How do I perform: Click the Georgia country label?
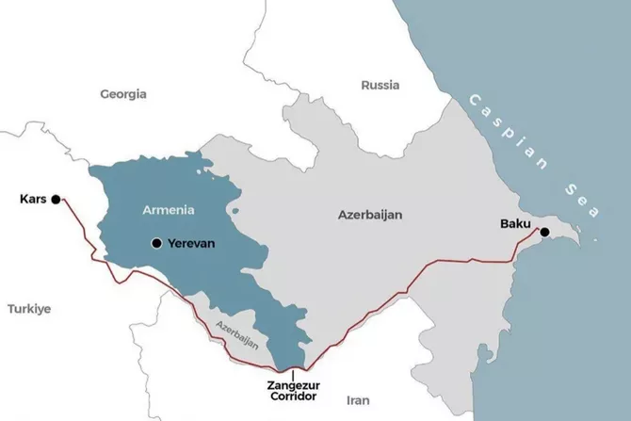pyautogui.click(x=123, y=93)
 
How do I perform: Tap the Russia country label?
pyautogui.click(x=380, y=85)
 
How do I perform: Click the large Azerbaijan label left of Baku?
pyautogui.click(x=370, y=215)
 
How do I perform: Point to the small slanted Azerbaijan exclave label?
pyautogui.click(x=235, y=335)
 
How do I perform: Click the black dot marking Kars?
pyautogui.click(x=56, y=199)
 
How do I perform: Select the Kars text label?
pyautogui.click(x=32, y=199)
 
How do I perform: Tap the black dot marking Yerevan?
pyautogui.click(x=155, y=243)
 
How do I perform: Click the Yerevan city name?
pyautogui.click(x=191, y=243)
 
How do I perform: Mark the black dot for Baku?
pyautogui.click(x=544, y=231)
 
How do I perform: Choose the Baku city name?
pyautogui.click(x=515, y=223)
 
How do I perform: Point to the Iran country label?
pyautogui.click(x=358, y=399)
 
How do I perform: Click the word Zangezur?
pyautogui.click(x=293, y=385)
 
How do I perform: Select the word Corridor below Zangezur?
pyautogui.click(x=293, y=398)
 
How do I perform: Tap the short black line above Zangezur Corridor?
pyautogui.click(x=293, y=373)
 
